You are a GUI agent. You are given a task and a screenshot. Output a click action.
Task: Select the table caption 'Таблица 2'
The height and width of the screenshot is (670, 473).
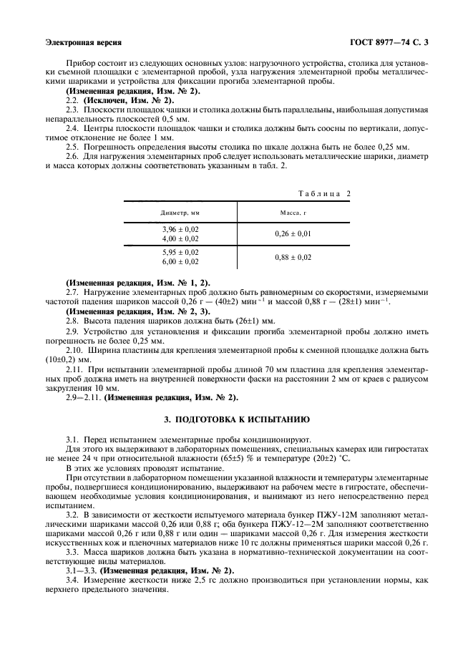click(x=323, y=194)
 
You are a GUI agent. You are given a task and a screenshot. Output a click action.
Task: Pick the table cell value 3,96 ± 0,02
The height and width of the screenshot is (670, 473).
click(x=181, y=229)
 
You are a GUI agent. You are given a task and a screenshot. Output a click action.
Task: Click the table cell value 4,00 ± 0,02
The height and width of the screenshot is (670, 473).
click(x=181, y=238)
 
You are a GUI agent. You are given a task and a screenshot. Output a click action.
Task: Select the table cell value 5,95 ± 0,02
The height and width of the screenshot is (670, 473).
click(x=181, y=253)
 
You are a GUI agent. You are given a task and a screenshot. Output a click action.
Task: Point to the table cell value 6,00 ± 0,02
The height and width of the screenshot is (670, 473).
click(x=181, y=262)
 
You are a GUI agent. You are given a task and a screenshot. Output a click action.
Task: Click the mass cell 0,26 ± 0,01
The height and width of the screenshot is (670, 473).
click(x=293, y=233)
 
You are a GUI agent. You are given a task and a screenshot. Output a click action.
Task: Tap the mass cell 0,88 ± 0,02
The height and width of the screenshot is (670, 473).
click(x=293, y=258)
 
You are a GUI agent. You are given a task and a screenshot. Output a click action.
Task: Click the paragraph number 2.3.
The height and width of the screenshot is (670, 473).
click(x=72, y=109)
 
